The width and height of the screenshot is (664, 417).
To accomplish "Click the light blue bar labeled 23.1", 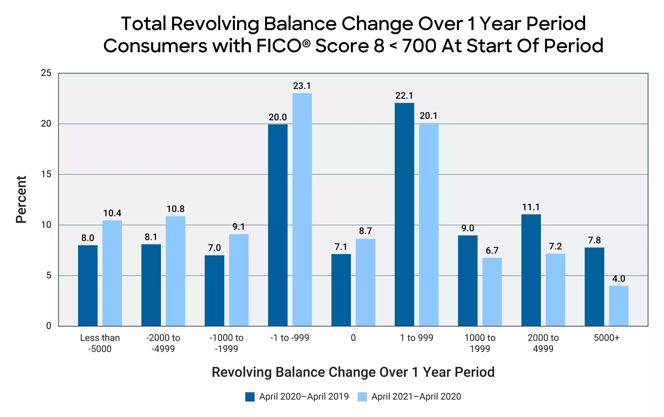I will tap(302, 210).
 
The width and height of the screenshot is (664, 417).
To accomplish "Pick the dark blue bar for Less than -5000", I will tap(88, 285).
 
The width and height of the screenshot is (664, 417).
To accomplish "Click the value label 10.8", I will tap(175, 209).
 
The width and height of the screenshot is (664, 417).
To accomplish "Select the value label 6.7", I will tap(492, 251).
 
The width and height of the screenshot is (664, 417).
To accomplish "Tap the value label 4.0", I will tap(619, 279).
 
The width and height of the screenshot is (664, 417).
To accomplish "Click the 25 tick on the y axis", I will tap(46, 73).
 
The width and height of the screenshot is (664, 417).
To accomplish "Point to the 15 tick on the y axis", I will tap(46, 174).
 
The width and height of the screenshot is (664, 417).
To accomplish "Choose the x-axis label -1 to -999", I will tap(290, 338).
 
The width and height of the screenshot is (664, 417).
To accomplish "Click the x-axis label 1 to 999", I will tap(416, 338).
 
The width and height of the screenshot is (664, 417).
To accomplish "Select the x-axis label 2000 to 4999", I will tap(543, 343).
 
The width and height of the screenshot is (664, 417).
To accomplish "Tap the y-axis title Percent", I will tap(21, 199).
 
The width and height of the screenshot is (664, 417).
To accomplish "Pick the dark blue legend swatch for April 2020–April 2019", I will tap(250, 397).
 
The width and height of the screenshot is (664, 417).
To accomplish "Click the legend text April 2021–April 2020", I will tap(416, 397).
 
